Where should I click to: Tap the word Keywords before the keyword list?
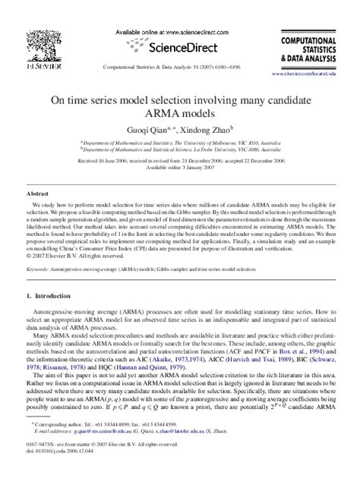point(39,269)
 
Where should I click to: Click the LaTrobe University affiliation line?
point(180,150)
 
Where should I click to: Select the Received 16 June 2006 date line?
point(180,161)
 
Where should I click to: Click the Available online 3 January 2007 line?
point(180,168)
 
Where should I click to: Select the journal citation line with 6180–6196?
point(180,66)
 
